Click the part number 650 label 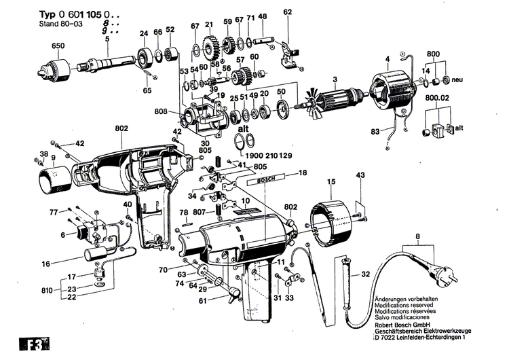click(x=58, y=47)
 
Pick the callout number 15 click(x=331, y=181)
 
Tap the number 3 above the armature click(x=334, y=78)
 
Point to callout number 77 click(x=54, y=213)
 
